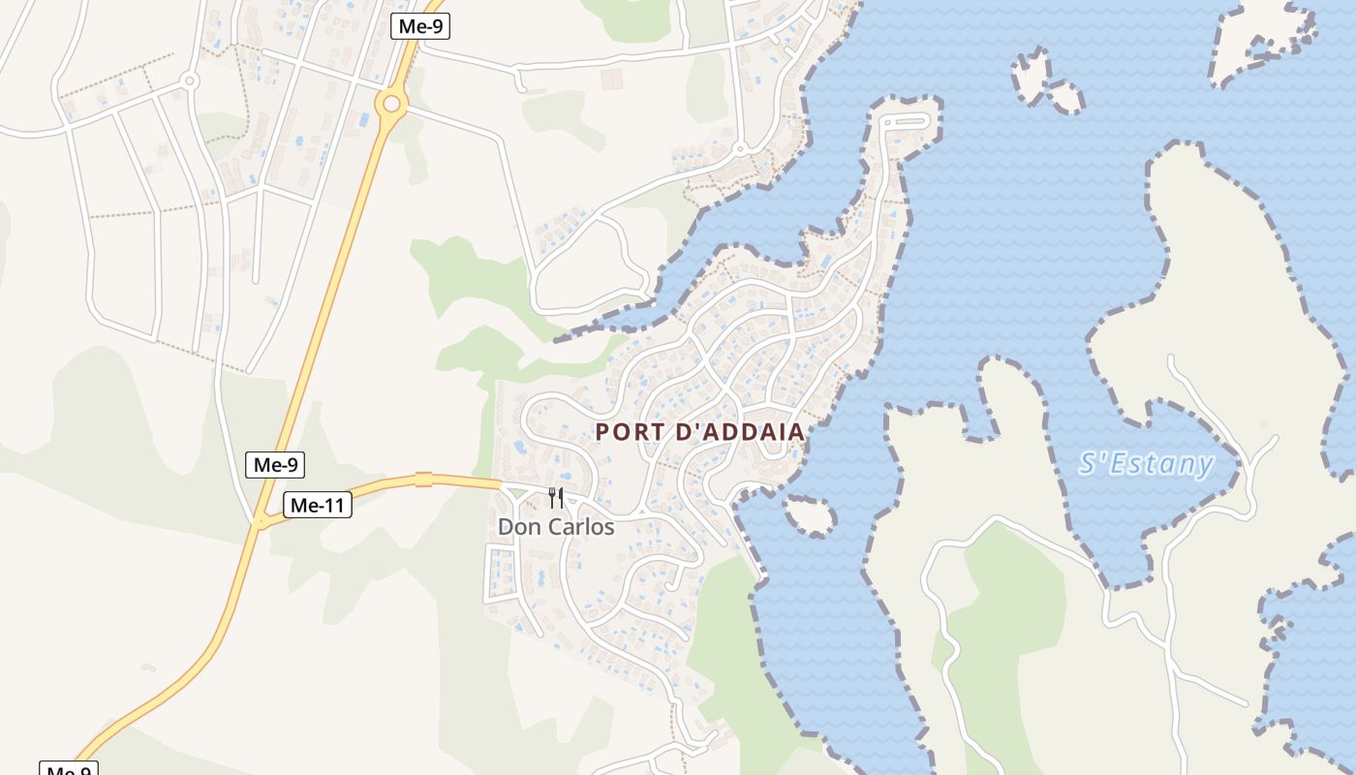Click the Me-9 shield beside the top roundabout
point(420,26)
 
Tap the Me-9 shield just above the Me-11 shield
point(275,465)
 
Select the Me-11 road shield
point(318,505)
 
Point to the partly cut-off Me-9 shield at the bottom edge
point(68,769)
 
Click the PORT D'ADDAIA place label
point(699,432)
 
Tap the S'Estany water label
point(1146,464)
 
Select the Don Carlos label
point(556,527)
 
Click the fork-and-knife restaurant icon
point(556,498)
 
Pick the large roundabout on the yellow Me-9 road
point(391,103)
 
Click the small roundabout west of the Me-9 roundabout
point(190,81)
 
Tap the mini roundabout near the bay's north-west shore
point(739,149)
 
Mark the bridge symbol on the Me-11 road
point(423,479)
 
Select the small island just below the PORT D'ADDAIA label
point(809,515)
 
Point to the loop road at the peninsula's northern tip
point(907,122)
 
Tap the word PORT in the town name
point(629,432)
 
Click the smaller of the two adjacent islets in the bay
point(1065,97)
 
